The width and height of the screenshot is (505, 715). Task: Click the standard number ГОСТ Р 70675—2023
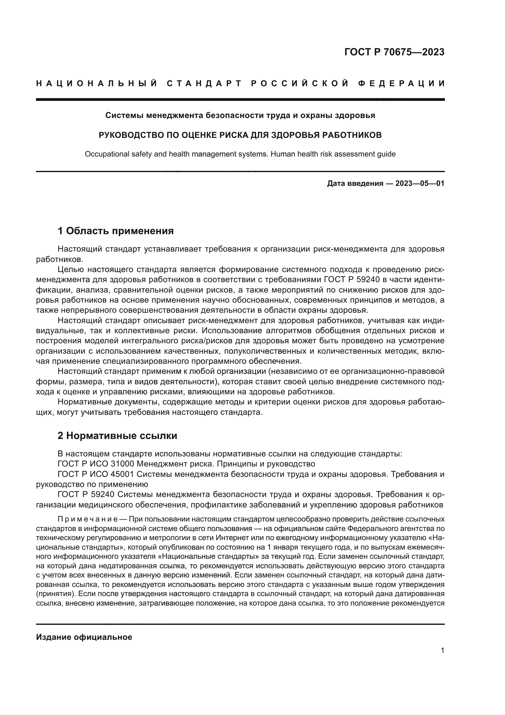tap(394, 52)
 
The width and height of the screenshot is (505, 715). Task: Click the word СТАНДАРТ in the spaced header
tap(204, 83)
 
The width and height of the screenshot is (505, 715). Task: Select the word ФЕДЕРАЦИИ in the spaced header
tap(401, 83)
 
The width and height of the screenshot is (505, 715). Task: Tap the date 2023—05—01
tap(420, 183)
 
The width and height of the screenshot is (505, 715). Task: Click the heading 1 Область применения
tap(115, 231)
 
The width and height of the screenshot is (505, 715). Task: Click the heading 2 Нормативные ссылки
tap(117, 436)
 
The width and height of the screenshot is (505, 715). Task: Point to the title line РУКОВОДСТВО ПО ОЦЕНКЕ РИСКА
tap(240, 135)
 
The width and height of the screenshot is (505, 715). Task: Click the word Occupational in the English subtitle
tap(105, 154)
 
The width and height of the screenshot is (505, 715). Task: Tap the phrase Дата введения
tap(355, 183)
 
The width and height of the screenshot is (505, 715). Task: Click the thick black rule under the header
tap(240, 100)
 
